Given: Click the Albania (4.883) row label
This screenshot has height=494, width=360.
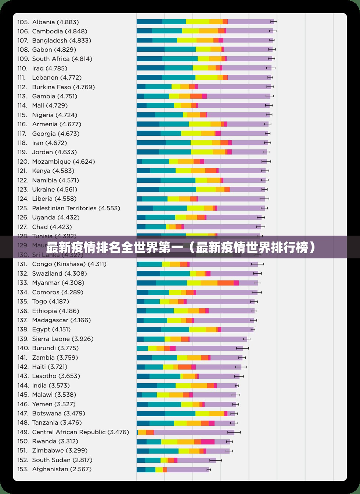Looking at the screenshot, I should click(x=55, y=22).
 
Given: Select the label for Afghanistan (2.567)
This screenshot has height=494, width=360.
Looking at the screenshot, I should click(x=62, y=469).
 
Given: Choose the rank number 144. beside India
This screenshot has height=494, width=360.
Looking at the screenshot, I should click(x=23, y=385).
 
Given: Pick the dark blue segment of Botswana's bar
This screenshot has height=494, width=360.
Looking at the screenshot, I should click(x=151, y=414).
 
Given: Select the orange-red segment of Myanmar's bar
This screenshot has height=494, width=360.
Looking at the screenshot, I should click(x=226, y=283).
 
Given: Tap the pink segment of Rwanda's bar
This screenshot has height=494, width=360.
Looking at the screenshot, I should click(x=208, y=442).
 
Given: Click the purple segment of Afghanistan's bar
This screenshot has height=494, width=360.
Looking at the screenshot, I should click(x=187, y=469).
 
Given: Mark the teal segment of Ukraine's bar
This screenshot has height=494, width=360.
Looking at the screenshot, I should click(x=177, y=189).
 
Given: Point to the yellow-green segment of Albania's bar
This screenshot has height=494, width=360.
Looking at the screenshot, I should click(x=198, y=22).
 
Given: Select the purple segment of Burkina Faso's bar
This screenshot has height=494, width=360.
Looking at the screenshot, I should click(x=234, y=87).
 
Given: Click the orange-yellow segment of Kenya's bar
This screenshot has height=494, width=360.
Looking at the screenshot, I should click(x=198, y=171).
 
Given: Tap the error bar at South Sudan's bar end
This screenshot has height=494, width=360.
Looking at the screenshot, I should click(x=216, y=460).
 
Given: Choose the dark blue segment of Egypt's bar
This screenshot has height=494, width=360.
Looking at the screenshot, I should click(x=149, y=330).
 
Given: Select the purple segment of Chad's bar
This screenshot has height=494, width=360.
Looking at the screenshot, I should click(x=222, y=227).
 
